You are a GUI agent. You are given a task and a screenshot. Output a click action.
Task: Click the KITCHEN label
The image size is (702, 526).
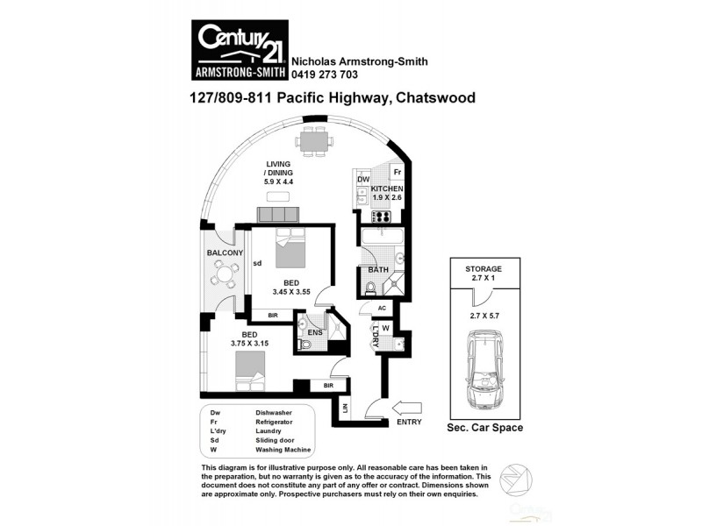coord(386,188)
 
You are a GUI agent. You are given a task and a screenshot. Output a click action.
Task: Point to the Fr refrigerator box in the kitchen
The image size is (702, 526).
coord(397,174)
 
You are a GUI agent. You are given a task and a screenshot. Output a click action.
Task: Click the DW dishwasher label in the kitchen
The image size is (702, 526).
coord(363,181)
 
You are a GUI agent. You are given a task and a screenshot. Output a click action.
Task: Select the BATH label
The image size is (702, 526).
coord(378,270)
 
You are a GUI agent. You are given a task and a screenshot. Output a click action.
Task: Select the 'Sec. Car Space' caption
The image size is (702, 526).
coord(485,428)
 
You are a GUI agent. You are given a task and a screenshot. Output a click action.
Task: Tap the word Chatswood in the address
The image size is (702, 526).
coord(435,98)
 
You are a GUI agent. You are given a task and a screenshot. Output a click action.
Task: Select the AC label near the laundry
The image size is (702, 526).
coord(381,309)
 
